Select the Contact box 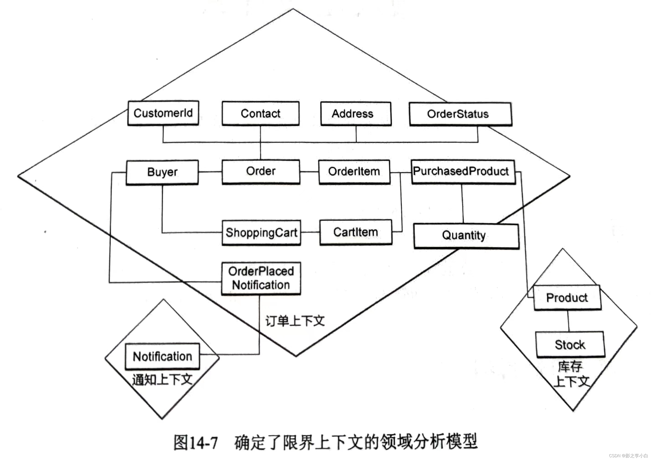[x=260, y=113]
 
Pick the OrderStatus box [x=460, y=114]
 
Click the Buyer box [x=162, y=172]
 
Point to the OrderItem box [x=354, y=171]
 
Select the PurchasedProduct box [x=463, y=171]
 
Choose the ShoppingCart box [x=261, y=233]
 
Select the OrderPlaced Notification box [x=261, y=278]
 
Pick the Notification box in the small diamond [x=162, y=356]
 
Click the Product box [x=567, y=298]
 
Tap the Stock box [x=570, y=345]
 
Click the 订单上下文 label [x=295, y=321]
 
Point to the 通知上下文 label [x=162, y=380]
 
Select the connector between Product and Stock [x=569, y=321]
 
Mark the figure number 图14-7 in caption [x=196, y=442]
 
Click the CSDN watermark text [x=628, y=456]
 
